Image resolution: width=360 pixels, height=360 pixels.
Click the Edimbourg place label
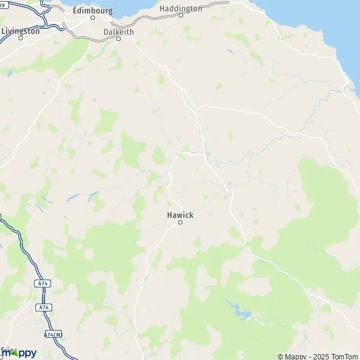coord(92,10)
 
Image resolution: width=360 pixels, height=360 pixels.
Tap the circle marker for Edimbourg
coord(92,17)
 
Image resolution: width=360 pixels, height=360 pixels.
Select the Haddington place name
coord(181,8)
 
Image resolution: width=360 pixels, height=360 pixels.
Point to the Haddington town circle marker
coord(181,15)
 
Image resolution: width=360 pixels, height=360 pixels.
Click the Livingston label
coord(20,31)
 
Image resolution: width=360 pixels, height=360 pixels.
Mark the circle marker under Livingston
coord(20,37)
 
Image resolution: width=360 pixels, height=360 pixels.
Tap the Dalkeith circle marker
coord(118,38)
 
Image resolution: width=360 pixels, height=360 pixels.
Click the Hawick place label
coord(179,214)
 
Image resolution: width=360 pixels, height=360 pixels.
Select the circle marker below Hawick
coord(179,223)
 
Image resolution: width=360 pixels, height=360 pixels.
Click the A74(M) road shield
coord(53,334)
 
